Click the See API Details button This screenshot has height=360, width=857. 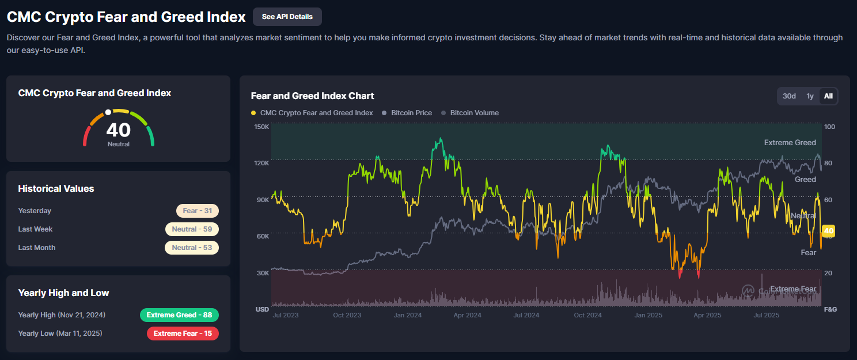(287, 17)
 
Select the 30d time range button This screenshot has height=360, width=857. (789, 96)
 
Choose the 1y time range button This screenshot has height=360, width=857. (810, 96)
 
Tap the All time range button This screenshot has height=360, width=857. (828, 96)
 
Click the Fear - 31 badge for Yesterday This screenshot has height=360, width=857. (198, 211)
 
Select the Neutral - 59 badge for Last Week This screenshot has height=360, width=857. (192, 229)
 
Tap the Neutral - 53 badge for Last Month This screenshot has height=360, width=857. (192, 248)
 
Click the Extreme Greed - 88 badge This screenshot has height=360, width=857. (179, 315)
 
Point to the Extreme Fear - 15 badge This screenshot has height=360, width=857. (183, 334)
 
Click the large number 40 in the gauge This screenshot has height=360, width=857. (119, 130)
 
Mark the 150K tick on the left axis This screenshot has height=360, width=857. (261, 127)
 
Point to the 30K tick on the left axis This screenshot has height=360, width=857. (262, 273)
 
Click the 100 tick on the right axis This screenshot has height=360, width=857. (829, 127)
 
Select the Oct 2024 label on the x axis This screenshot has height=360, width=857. (587, 315)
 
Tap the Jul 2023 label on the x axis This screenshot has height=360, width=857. (285, 315)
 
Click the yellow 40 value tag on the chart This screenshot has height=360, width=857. (829, 231)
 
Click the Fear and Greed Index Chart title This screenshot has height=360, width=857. (313, 96)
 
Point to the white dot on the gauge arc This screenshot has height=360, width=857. (108, 112)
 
